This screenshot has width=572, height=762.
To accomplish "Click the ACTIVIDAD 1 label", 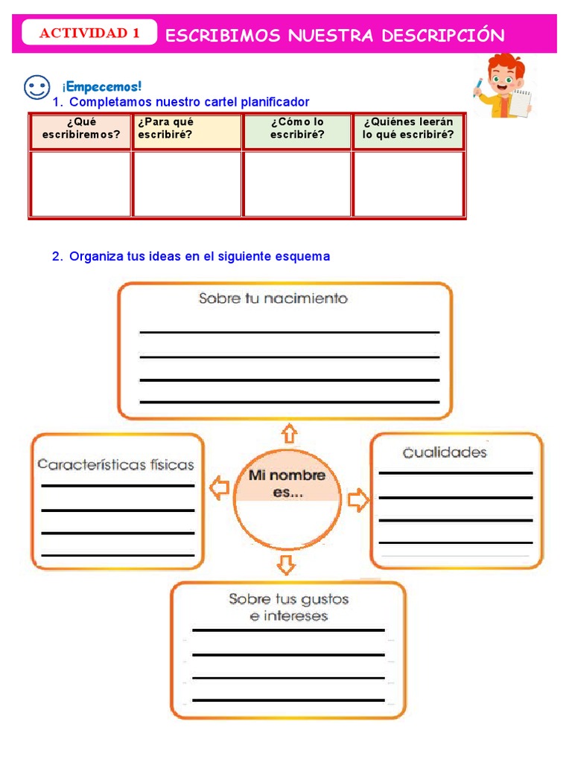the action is click(89, 33).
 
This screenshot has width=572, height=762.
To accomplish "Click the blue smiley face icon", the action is click(36, 88).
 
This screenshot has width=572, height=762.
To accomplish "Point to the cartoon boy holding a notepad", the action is click(503, 86).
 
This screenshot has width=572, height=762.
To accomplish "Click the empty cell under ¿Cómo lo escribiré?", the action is click(297, 183).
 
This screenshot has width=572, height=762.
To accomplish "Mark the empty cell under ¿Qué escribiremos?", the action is click(81, 183).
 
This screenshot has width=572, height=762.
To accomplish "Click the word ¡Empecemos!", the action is click(102, 87).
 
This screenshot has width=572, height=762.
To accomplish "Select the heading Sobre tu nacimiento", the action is click(273, 298).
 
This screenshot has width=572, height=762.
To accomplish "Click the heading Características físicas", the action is click(115, 464).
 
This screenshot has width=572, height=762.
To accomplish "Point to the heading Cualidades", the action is click(445, 452).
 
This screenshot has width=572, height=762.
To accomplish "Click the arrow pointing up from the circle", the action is click(288, 432).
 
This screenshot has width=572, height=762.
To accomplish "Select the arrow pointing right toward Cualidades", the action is click(358, 499).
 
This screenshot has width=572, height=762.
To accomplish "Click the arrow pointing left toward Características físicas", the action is click(218, 489).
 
